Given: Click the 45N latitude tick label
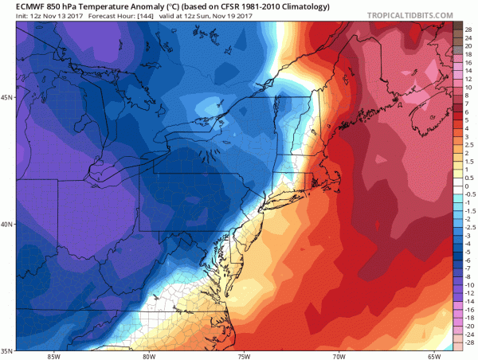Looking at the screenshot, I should point(7,98).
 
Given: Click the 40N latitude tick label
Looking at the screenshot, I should point(7,224).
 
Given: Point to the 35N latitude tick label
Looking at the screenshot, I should point(7,350).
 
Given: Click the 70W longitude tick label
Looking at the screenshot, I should point(340,355).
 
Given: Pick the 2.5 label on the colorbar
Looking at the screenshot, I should point(470,146).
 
